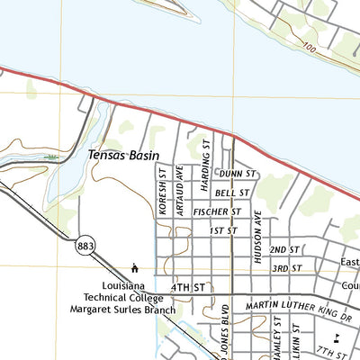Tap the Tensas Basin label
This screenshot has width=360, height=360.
(123, 155)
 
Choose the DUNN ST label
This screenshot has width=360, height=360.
(238, 173)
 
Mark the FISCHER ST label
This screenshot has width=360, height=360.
(217, 211)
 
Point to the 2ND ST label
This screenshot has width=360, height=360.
(285, 249)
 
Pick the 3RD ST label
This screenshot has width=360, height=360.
(287, 268)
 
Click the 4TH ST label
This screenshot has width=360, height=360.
(188, 287)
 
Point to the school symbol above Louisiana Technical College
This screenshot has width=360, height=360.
(134, 267)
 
